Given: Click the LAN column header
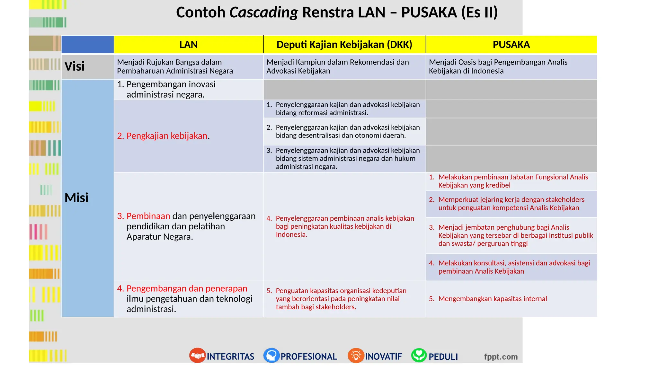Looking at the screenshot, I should tap(188, 45).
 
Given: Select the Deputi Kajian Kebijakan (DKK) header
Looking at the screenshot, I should tap(344, 45).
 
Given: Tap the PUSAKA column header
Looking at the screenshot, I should tap(511, 45).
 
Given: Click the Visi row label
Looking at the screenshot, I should tap(75, 66).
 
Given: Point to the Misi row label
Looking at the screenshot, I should tap(76, 198).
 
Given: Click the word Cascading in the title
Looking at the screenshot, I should tap(263, 13).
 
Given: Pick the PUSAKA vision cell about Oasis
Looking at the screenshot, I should tap(498, 66).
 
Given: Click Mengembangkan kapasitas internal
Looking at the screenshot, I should tap(492, 299).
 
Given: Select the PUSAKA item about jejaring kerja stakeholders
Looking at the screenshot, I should tap(511, 204).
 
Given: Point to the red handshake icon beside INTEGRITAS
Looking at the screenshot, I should tap(197, 356).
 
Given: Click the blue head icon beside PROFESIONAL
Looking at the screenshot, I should tap(271, 356).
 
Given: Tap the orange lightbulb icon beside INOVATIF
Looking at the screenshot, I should tap(356, 356).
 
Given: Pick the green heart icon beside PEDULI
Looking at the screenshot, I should tap(419, 356).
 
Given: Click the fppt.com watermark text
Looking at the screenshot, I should tap(501, 357).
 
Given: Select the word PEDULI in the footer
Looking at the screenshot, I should tap(443, 357).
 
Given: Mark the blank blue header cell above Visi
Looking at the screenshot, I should tap(87, 45).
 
